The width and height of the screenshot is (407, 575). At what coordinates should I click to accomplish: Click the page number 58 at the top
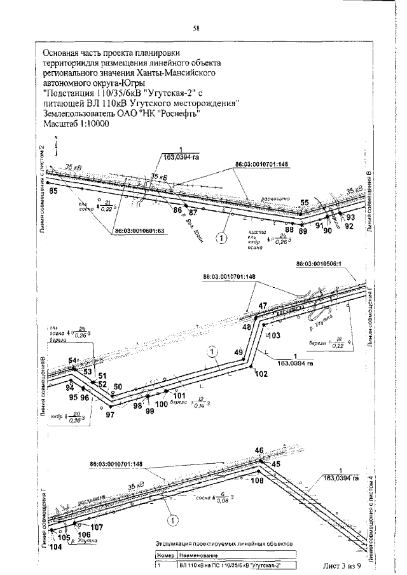pyautogui.click(x=197, y=28)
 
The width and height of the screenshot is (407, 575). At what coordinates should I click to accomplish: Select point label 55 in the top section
pyautogui.click(x=304, y=203)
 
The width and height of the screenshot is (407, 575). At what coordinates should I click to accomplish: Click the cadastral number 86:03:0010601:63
pyautogui.click(x=140, y=231)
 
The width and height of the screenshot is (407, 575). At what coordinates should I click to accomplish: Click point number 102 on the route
pyautogui.click(x=261, y=374)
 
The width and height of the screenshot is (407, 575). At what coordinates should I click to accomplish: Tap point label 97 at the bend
pyautogui.click(x=110, y=414)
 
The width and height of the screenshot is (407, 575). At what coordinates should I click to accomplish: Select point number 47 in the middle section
pyautogui.click(x=263, y=306)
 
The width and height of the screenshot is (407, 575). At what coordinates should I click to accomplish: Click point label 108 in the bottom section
pyautogui.click(x=257, y=481)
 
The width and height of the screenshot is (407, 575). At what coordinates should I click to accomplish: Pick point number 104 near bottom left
pyautogui.click(x=55, y=547)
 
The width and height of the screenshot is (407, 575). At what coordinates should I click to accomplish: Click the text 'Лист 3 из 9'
pyautogui.click(x=342, y=565)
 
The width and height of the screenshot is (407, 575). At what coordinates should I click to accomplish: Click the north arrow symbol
pyautogui.click(x=55, y=145)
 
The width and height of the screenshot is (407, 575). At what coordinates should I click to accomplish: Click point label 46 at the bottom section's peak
pyautogui.click(x=259, y=450)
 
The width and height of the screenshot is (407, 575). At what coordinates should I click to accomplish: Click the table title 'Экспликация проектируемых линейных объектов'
pyautogui.click(x=224, y=545)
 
